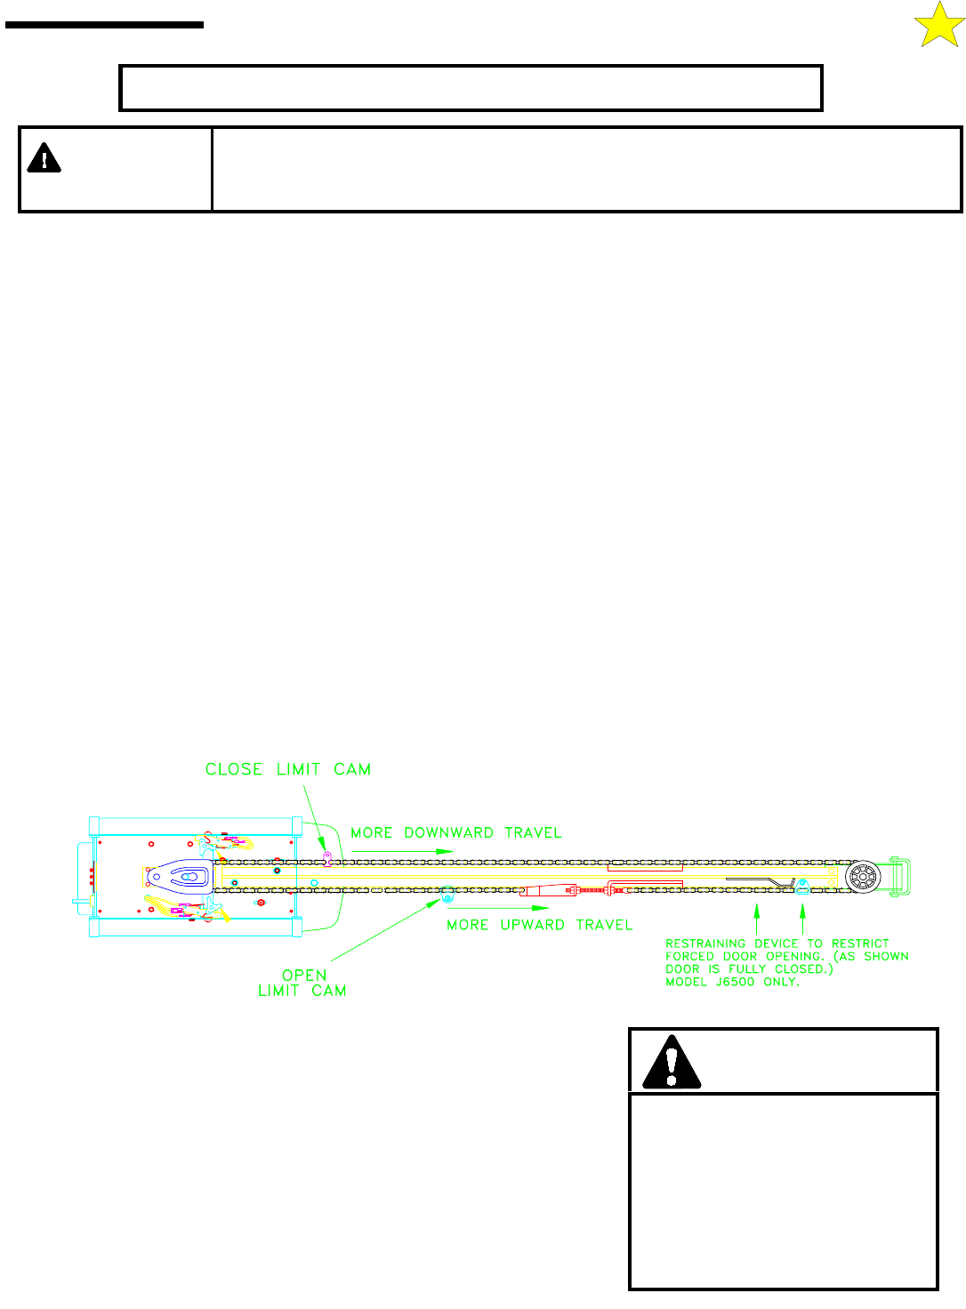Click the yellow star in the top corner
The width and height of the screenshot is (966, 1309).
[x=938, y=25]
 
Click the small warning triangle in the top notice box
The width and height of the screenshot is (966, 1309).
[x=44, y=158]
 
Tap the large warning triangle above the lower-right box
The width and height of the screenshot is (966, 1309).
[x=672, y=1063]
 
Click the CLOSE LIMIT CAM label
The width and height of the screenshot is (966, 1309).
[x=287, y=769]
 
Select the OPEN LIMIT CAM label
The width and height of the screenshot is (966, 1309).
[x=302, y=983]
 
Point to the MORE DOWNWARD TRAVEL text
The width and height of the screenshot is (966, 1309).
[x=455, y=833]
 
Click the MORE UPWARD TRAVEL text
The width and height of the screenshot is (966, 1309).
[x=539, y=925]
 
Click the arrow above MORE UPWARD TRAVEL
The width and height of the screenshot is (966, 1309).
[x=498, y=908]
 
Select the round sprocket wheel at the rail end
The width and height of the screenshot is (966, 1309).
[x=862, y=878]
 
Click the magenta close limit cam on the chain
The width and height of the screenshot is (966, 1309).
[x=327, y=858]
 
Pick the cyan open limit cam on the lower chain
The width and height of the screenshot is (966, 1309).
[x=447, y=892]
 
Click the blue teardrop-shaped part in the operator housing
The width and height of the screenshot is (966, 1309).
[x=180, y=876]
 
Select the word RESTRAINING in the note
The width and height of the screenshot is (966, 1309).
[x=705, y=944]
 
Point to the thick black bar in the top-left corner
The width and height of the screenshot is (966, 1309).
[x=104, y=25]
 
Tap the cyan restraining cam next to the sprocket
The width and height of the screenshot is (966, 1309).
[x=802, y=884]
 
